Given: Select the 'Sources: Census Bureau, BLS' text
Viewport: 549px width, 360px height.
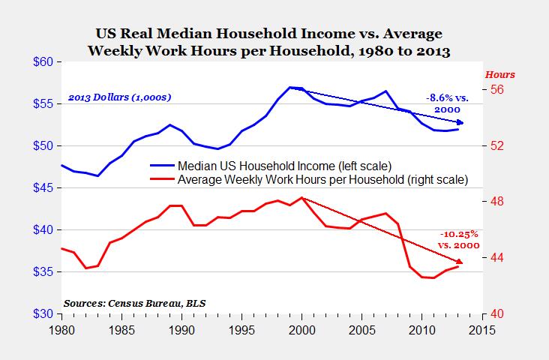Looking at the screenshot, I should [x=134, y=303].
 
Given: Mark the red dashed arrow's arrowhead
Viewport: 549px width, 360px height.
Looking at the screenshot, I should [x=461, y=262].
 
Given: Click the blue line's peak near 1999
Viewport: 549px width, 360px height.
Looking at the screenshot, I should [x=290, y=88].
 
